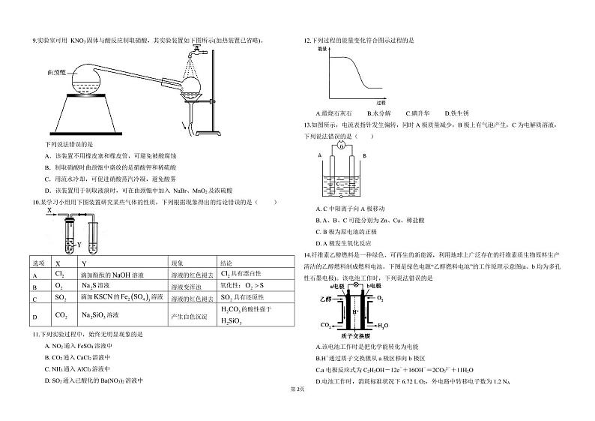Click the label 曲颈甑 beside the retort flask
tap(56, 72)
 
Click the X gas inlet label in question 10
tap(49, 212)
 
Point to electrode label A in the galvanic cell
tap(319, 156)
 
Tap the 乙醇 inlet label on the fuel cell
tap(324, 298)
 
